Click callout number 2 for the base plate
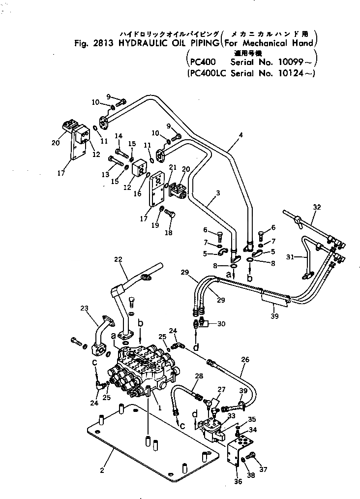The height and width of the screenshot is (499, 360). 102,470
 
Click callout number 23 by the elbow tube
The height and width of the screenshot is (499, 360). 84,309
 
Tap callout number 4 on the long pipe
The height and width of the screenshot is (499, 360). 240,134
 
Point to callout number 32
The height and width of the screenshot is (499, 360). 317,207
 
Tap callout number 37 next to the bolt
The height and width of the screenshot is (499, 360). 264,469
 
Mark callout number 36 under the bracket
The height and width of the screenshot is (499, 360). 238,481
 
